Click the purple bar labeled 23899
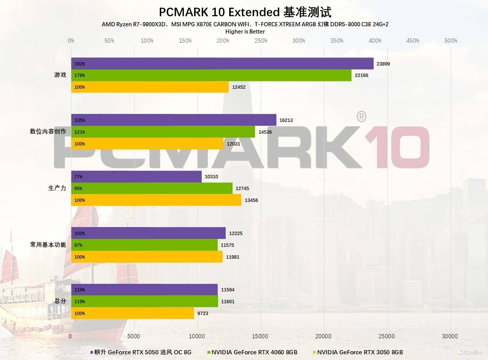pos(222,64)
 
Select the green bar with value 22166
pos(211,75)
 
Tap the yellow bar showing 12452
pos(150,87)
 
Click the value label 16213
pos(286,120)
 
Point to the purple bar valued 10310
pos(136,177)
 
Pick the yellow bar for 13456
pos(156,200)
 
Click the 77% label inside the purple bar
pos(78,177)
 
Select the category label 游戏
pos(60,75)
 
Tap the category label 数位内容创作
pos(48,132)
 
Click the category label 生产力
pos(57,188)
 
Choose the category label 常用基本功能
pos(48,245)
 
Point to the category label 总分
pos(60,301)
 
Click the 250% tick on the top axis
pos(261,41)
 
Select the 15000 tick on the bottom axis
pos(261,336)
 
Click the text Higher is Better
pos(245,32)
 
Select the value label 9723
pos(203,314)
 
